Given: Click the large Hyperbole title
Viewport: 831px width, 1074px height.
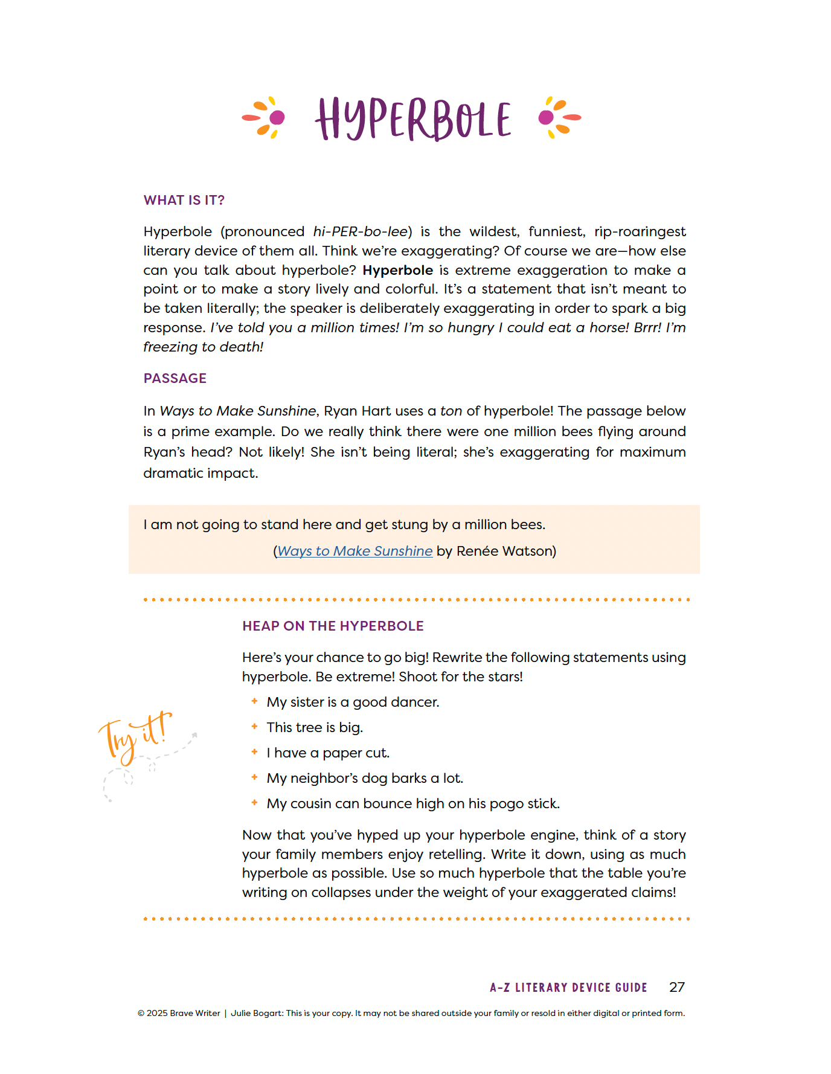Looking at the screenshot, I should [413, 119].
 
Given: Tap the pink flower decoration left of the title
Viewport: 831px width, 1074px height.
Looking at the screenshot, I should [265, 117].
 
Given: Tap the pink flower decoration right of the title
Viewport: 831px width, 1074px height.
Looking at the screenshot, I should [559, 117].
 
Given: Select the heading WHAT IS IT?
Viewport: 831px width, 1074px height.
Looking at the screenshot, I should [184, 201].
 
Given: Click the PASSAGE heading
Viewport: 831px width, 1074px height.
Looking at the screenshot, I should [175, 379].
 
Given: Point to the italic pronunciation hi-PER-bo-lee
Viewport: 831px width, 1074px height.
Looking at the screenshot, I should [360, 232].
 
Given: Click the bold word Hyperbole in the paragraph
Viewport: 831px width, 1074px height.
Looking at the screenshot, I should [397, 271].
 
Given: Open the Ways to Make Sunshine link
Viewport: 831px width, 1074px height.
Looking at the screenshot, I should [355, 551].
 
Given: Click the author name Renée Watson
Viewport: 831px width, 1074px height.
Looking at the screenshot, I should [505, 551].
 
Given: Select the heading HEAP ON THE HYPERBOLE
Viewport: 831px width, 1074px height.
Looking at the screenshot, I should [333, 626].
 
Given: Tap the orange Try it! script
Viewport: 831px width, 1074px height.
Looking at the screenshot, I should [136, 736].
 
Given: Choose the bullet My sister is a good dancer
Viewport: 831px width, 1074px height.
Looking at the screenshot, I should [353, 703].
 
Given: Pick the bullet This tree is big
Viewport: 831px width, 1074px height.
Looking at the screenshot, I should [315, 728].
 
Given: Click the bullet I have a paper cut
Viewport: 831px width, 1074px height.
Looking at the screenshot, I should [328, 753].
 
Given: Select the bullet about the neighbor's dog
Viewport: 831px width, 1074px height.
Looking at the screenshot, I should [365, 779].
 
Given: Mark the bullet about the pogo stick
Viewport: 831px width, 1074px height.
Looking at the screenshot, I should [413, 804].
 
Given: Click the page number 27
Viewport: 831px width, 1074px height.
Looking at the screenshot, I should [676, 987].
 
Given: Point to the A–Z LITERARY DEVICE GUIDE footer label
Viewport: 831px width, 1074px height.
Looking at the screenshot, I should [568, 988].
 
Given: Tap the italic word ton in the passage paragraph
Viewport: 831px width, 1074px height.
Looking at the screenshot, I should [451, 411].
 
